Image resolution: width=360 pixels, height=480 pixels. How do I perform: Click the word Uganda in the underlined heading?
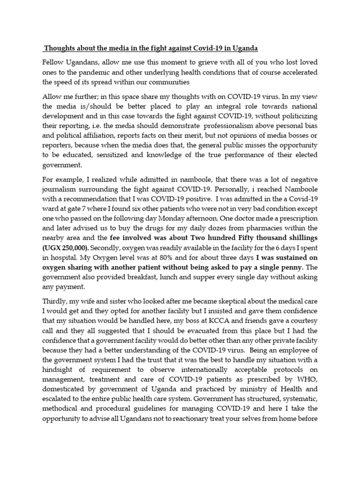244,49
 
